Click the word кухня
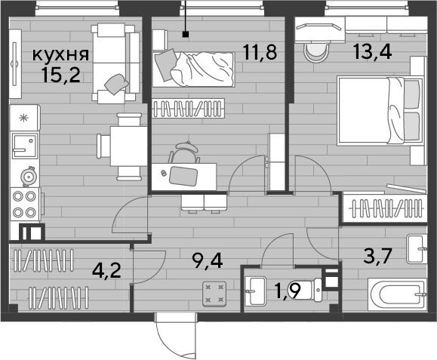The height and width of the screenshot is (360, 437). (x=60, y=55)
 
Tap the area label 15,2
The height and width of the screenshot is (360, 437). (x=61, y=75)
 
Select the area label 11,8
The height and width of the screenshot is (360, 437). (x=260, y=52)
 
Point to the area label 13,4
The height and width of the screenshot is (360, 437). (x=373, y=52)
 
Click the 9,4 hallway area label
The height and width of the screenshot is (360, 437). (x=208, y=262)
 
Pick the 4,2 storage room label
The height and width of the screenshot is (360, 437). (x=106, y=271)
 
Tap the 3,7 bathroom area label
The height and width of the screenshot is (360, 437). (x=378, y=257)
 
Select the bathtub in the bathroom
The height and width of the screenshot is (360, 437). (x=398, y=294)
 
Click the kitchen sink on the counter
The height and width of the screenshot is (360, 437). (x=25, y=146)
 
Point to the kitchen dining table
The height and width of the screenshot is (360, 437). (x=128, y=146)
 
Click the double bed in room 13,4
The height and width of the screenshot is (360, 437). (x=380, y=111)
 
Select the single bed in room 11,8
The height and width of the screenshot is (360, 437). (x=193, y=69)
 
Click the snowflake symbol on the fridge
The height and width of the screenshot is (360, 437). (x=23, y=118)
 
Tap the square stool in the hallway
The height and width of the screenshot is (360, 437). (x=214, y=294)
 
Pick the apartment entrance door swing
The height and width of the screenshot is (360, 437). (x=177, y=337)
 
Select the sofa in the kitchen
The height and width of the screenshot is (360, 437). (x=115, y=63)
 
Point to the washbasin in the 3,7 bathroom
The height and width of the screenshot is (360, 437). (x=417, y=249)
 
